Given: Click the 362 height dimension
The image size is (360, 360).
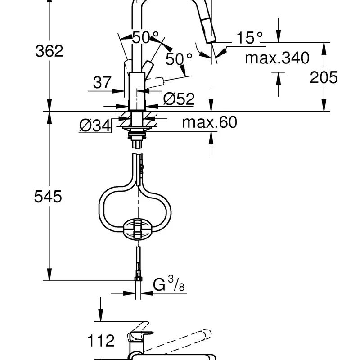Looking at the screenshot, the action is click(x=49, y=51).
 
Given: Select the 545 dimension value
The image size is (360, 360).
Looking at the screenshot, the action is click(x=48, y=197).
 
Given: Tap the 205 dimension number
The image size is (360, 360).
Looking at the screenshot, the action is click(x=324, y=77).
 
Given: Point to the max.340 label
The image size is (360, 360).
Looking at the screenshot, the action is click(x=277, y=58).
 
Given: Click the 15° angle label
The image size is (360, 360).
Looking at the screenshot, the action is click(x=250, y=37).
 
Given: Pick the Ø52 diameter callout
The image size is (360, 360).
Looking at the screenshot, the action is click(x=179, y=99).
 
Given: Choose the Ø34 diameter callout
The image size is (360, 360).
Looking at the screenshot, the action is click(x=95, y=126).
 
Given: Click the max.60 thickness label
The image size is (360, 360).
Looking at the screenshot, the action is click(x=210, y=122).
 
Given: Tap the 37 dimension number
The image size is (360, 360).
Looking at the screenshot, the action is click(x=102, y=82).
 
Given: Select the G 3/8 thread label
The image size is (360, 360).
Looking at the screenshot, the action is click(x=169, y=284).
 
